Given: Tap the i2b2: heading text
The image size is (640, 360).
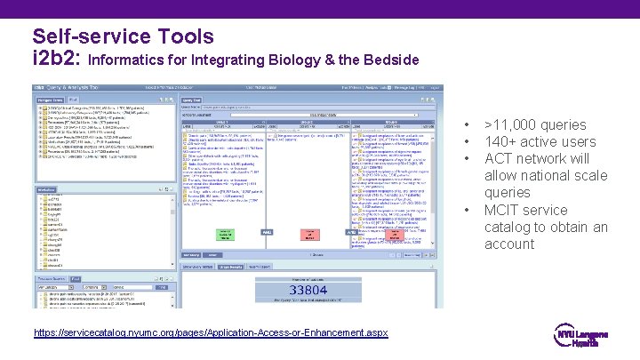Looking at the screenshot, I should (56, 60).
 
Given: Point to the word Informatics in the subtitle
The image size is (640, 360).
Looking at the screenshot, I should (129, 60).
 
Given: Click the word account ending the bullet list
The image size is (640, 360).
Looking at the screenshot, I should (509, 244).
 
